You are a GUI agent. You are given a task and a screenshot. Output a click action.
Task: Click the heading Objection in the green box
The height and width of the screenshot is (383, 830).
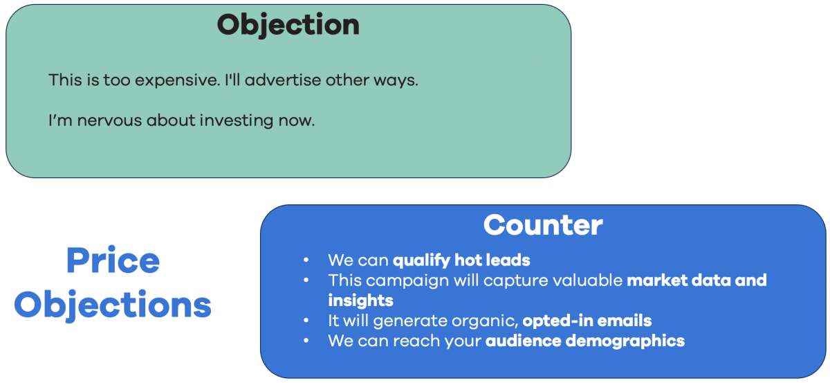tap(288, 26)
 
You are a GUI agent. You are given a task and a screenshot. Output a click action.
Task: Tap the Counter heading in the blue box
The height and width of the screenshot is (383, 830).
tap(543, 225)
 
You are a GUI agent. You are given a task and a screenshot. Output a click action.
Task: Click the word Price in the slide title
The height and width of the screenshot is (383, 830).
tap(113, 261)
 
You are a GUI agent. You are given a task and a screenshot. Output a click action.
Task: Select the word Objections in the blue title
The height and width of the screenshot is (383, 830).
tap(113, 304)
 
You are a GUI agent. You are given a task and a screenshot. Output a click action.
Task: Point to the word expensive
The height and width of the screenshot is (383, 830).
tap(177, 80)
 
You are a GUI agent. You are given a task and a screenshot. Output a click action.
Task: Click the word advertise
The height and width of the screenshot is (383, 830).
tap(284, 80)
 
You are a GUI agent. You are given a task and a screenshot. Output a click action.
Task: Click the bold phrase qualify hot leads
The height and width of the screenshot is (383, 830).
tap(461, 260)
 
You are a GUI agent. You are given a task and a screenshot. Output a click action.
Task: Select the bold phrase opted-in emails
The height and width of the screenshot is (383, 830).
tap(587, 321)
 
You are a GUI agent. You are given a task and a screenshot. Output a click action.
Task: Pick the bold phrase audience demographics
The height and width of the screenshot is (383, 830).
tap(585, 341)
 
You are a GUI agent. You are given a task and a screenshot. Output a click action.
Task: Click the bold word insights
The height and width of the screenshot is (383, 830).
tap(360, 301)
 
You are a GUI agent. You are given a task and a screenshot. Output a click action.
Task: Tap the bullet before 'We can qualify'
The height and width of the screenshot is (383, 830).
tap(306, 261)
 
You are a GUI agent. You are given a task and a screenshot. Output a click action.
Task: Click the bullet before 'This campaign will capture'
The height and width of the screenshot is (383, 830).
tap(306, 280)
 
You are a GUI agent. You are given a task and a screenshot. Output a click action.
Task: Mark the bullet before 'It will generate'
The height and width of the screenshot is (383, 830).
tap(306, 321)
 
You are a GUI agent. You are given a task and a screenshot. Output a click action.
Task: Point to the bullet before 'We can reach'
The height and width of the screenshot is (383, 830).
tap(306, 341)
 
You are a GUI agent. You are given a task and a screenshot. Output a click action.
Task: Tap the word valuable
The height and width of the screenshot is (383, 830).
tap(587, 280)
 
